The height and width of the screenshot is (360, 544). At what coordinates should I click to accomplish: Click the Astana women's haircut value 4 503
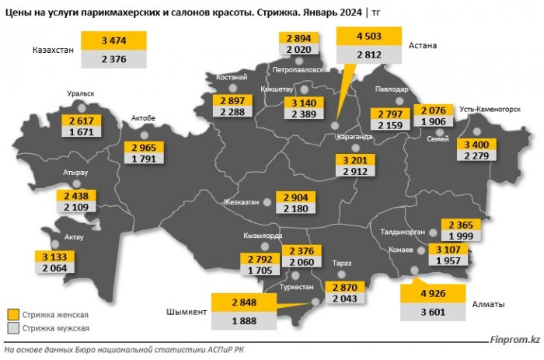point(368,37)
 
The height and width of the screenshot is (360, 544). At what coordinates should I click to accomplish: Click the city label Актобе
point(145,118)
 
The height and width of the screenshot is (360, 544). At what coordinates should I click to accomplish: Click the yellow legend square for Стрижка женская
point(13,314)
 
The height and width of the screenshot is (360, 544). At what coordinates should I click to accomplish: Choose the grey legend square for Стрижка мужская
point(13,329)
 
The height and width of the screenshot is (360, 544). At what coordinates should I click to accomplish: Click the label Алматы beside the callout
point(488,304)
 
